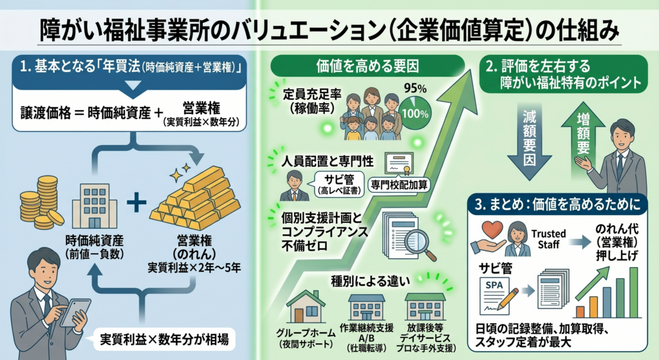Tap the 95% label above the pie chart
click(415, 88)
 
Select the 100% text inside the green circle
click(415, 113)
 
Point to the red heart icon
click(492, 230)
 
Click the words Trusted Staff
click(548, 239)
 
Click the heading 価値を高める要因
click(367, 66)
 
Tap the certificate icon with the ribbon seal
click(399, 164)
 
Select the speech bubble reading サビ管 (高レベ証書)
click(339, 185)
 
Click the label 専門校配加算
click(399, 185)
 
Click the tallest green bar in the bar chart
click(633, 292)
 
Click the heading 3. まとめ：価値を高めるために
click(558, 205)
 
